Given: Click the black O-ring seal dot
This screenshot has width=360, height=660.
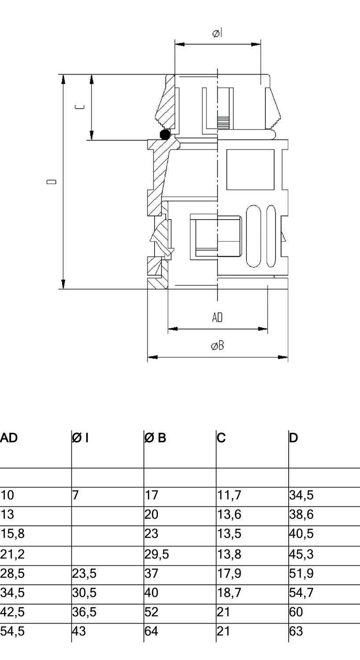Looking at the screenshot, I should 165,135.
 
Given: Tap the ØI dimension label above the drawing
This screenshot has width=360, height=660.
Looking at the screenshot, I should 217,33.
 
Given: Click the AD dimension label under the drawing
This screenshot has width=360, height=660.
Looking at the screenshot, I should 217,317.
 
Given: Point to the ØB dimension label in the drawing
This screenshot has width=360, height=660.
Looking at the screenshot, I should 217,346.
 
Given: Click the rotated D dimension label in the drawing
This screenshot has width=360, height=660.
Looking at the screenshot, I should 52,182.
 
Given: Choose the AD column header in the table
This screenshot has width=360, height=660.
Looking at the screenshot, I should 9,438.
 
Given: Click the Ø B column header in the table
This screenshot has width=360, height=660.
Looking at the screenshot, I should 156,438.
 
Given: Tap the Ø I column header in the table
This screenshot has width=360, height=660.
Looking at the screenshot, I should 81,438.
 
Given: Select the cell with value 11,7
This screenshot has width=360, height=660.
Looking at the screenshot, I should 229,495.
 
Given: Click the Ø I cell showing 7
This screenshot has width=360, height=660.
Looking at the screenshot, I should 75,495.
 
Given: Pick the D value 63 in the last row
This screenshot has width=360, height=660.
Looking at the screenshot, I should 296,631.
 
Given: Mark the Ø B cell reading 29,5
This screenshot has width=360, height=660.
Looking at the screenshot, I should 157,554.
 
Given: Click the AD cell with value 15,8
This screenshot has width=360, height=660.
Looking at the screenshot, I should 12,534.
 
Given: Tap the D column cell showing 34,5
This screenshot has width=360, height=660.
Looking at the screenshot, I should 301,495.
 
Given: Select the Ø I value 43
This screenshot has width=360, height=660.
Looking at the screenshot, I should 79,631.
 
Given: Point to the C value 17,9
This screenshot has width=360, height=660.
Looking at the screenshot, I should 229,574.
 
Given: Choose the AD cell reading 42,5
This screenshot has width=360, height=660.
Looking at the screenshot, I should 12,612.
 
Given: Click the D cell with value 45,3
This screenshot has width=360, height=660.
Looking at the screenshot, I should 301,554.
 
